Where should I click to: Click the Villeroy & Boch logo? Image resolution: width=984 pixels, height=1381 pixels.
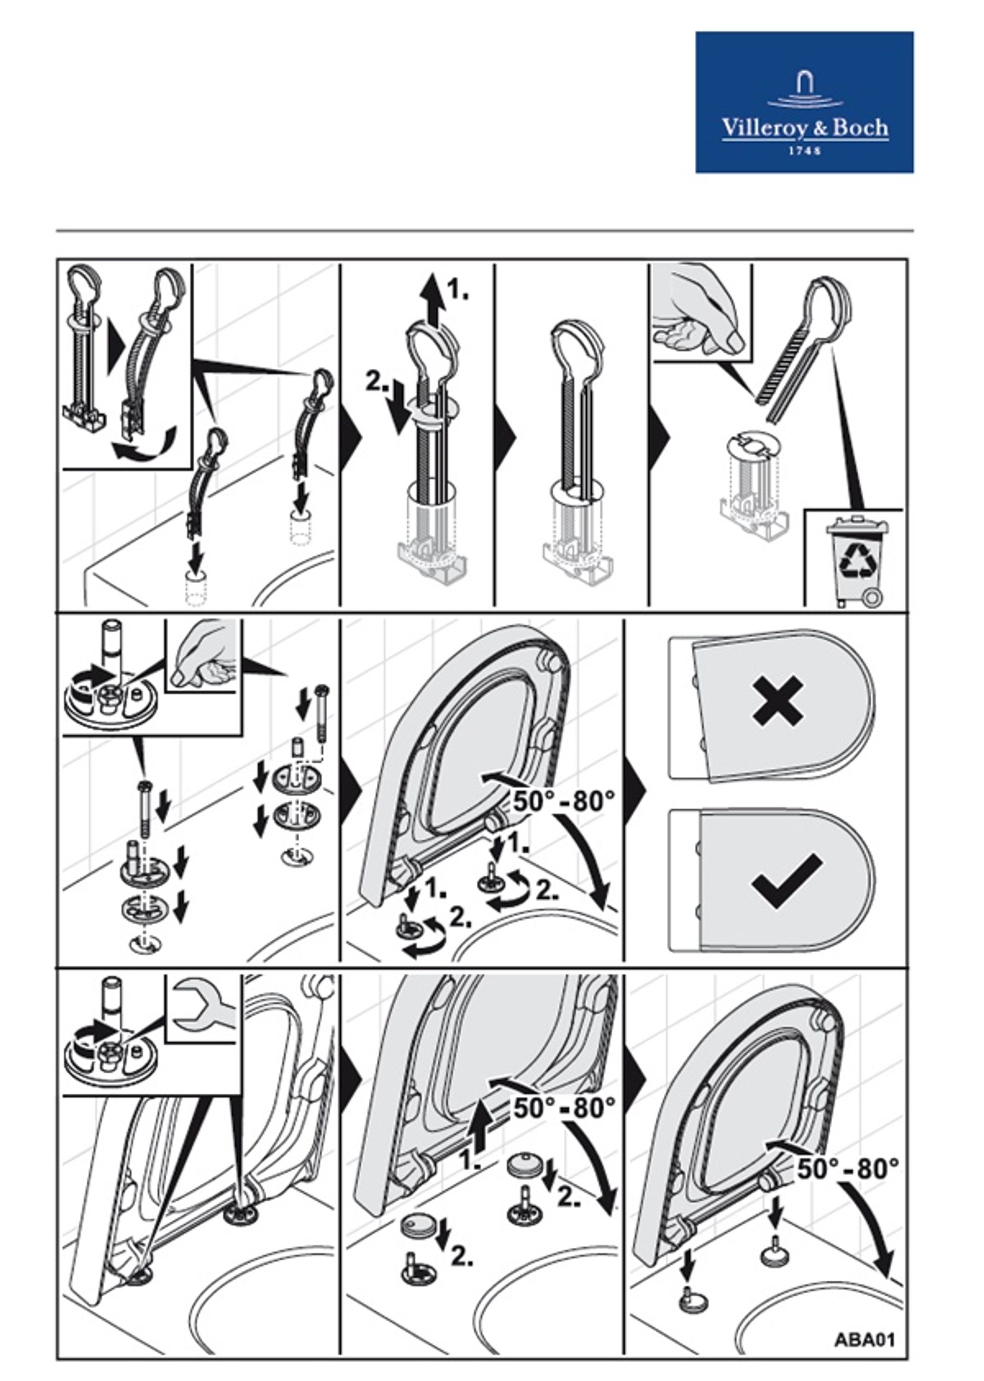tap(804, 102)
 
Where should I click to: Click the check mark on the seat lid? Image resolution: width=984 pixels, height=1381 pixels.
tap(787, 881)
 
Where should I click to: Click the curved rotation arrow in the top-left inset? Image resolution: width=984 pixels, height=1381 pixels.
tap(144, 446)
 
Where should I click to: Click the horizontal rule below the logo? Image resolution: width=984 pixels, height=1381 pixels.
tap(485, 231)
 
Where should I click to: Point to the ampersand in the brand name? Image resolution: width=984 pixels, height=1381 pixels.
tap(820, 128)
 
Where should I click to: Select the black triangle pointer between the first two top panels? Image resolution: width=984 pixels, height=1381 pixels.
tap(352, 437)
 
